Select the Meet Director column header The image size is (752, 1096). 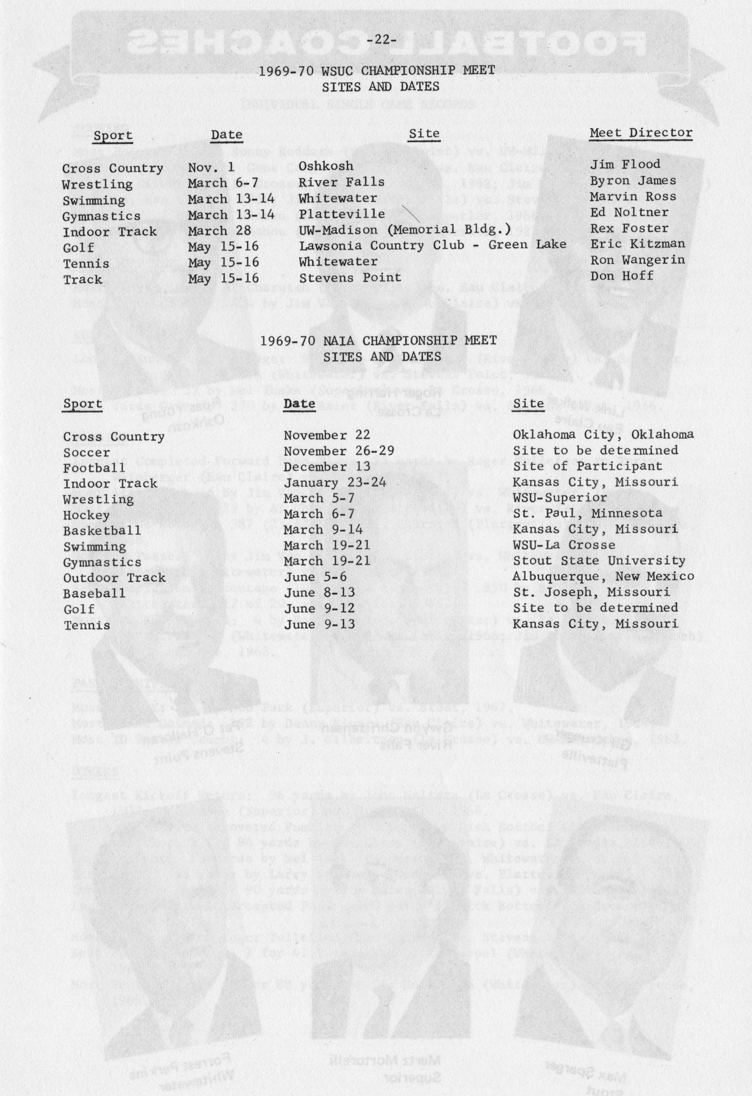(x=641, y=133)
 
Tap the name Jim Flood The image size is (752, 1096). (x=625, y=164)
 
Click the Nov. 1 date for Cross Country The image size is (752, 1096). (x=211, y=166)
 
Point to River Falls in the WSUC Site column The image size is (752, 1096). (x=341, y=182)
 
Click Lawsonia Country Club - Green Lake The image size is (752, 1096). (x=432, y=245)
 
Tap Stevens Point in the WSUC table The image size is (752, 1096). (x=350, y=277)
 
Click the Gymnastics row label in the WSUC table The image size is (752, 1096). (x=101, y=216)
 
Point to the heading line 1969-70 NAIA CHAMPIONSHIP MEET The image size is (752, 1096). (x=378, y=340)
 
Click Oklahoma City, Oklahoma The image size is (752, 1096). (x=603, y=434)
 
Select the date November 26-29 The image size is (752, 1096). (x=338, y=450)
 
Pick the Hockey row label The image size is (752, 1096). (x=86, y=515)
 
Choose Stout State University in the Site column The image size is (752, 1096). (x=599, y=561)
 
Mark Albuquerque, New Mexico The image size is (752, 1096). (x=603, y=576)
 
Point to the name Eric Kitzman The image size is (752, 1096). (x=637, y=244)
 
